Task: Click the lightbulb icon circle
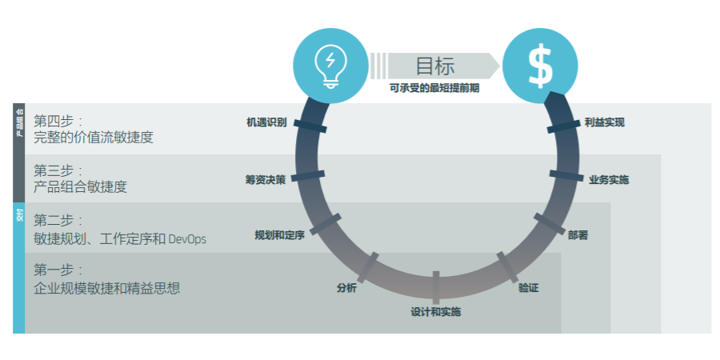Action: point(330,65)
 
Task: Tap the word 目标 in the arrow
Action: point(435,66)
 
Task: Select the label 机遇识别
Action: point(266,122)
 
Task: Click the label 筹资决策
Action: point(265,179)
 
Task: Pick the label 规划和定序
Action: point(279,235)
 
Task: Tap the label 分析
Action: point(346,288)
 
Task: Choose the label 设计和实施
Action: point(436,311)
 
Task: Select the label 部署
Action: point(578,235)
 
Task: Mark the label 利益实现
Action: point(604,122)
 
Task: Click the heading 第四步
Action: point(58,121)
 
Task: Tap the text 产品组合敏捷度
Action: point(80,187)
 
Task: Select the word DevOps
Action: point(187,238)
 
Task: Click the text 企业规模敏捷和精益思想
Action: point(107,288)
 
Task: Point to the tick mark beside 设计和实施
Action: point(436,286)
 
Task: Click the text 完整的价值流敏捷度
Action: point(93,138)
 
